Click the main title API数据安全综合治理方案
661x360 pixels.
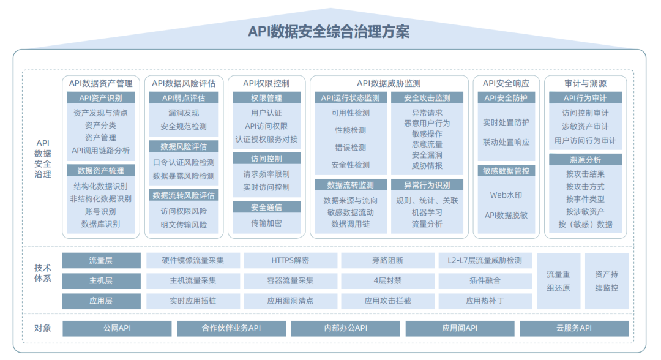[329, 31]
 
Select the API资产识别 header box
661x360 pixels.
[101, 98]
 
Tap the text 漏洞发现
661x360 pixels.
[184, 113]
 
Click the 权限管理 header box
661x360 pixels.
[266, 98]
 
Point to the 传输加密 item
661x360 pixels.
[266, 223]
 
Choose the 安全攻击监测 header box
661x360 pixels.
[427, 98]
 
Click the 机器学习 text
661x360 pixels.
[427, 212]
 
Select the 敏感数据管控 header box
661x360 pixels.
[506, 171]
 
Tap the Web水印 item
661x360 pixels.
[506, 195]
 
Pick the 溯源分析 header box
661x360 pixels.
[585, 160]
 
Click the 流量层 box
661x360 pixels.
[101, 260]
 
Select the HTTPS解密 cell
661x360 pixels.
[290, 260]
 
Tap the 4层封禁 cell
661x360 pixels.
[387, 281]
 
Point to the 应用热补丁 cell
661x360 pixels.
[485, 301]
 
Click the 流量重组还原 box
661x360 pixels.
[558, 281]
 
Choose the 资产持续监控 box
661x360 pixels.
[606, 281]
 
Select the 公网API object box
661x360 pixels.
[117, 329]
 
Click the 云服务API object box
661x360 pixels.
[573, 329]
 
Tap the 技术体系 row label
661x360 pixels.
[43, 273]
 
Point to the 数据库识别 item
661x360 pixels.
[101, 224]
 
